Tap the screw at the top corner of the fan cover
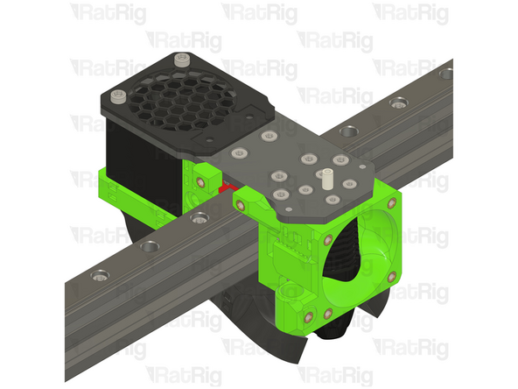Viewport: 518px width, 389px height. click(181, 60)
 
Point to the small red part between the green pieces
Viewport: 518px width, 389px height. click(228, 187)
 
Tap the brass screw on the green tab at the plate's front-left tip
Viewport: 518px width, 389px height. click(245, 203)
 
